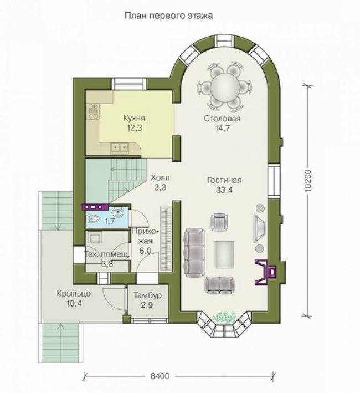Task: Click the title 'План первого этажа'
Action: click(x=169, y=16)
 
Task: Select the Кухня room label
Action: click(x=134, y=118)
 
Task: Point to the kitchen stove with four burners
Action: click(x=93, y=111)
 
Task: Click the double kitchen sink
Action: click(x=119, y=147)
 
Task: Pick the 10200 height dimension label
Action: click(x=308, y=181)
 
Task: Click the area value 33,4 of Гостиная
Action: click(x=224, y=190)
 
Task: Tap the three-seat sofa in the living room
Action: click(x=194, y=254)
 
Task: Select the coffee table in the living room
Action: click(x=224, y=254)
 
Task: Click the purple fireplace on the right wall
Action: click(x=266, y=272)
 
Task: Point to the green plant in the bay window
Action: click(x=224, y=318)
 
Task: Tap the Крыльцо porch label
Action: click(x=74, y=293)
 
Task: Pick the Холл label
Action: click(x=160, y=178)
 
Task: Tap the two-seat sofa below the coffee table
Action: click(x=220, y=285)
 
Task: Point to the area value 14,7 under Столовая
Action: click(x=222, y=128)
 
